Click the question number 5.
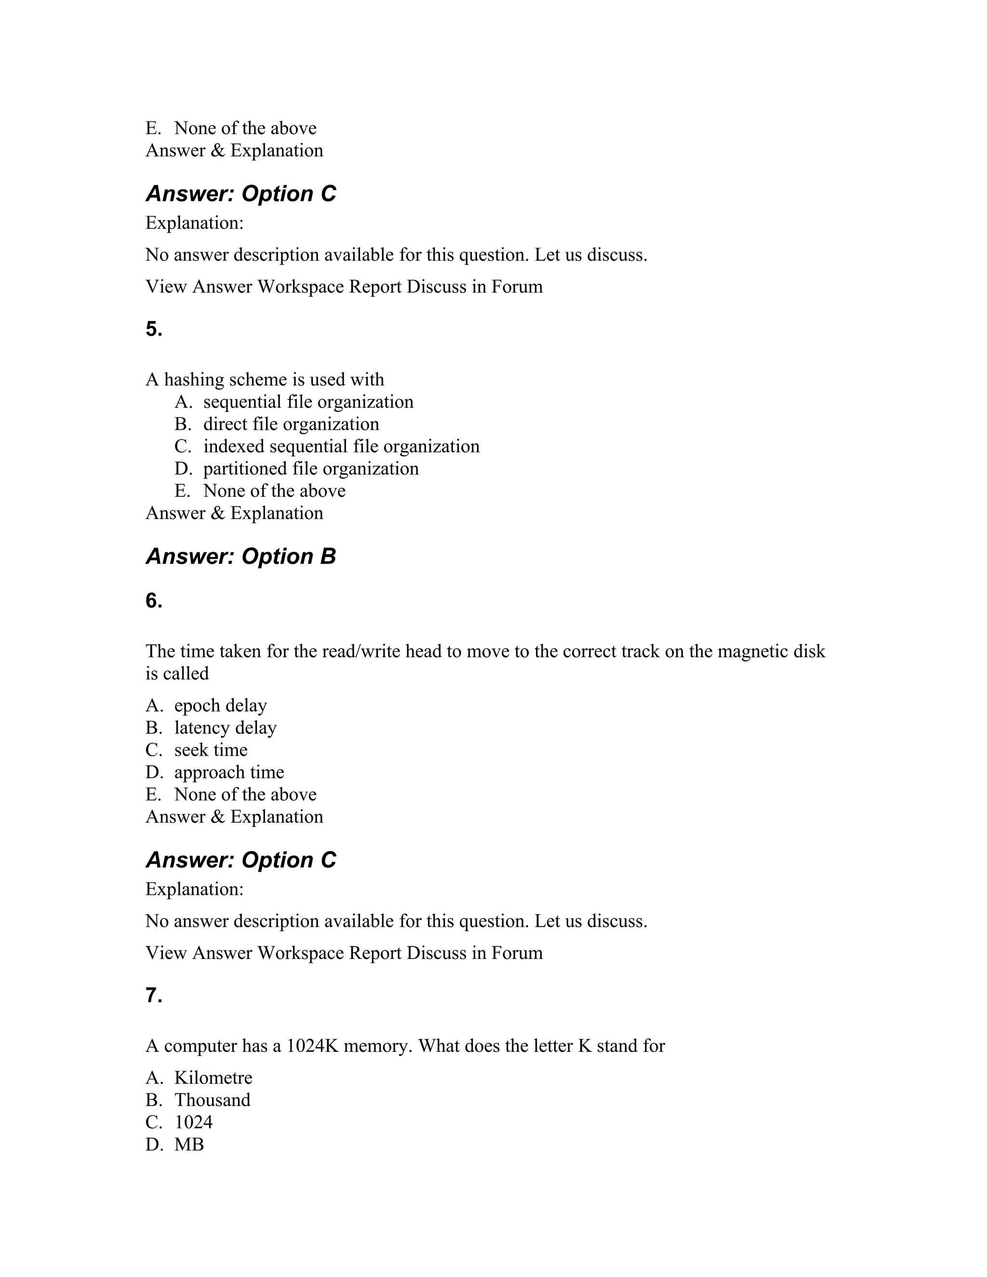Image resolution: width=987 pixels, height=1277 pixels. coord(154,330)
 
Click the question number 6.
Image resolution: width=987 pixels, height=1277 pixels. coord(154,601)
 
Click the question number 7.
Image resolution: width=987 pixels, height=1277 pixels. coord(154,996)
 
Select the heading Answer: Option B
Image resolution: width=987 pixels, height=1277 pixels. coord(241,557)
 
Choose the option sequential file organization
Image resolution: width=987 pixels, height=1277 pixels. coord(308,402)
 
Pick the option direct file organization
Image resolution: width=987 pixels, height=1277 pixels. coord(291,425)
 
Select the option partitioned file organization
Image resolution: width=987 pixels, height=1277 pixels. coord(311,469)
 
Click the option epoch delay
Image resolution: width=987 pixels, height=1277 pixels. coord(220,706)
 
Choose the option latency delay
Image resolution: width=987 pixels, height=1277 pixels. coord(225,728)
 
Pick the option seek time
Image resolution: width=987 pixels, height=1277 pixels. coord(211,750)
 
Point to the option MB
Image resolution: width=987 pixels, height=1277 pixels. coord(189,1145)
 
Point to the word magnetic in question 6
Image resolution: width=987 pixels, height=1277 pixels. coord(752,652)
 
